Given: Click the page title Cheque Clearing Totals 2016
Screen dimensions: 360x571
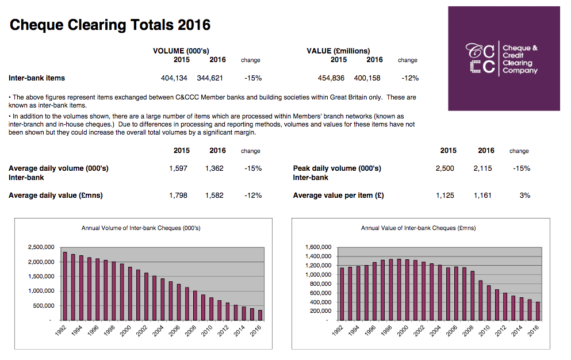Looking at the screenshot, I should [x=110, y=25].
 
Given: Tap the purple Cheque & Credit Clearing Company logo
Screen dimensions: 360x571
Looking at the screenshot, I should [x=504, y=59].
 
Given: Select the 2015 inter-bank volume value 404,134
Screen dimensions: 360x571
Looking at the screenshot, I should [x=175, y=78].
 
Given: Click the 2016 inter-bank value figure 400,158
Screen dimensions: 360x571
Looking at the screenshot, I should [x=369, y=78].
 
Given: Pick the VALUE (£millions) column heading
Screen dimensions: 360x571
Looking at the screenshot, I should [x=338, y=51].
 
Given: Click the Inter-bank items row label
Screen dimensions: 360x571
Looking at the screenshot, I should [x=37, y=78].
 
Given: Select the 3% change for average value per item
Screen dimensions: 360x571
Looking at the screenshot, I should [x=524, y=196].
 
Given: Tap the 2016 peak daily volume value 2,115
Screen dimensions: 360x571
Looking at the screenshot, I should [x=484, y=168].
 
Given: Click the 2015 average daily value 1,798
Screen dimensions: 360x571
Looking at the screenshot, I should [x=178, y=196].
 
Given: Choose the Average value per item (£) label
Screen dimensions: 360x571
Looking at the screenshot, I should [x=338, y=196].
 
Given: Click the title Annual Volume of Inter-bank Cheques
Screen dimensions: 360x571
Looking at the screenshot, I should [x=141, y=228].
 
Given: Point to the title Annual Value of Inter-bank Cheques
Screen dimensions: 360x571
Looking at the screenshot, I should [x=418, y=228].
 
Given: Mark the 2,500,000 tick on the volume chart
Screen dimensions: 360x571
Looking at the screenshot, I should [x=41, y=247].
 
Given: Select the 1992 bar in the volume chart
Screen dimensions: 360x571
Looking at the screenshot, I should [x=65, y=285].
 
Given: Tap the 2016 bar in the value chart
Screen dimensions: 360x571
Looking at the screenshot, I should [x=538, y=311].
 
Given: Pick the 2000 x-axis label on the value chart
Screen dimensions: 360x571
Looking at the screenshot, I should [x=402, y=332].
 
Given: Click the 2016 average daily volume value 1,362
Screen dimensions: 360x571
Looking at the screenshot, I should [x=214, y=168].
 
